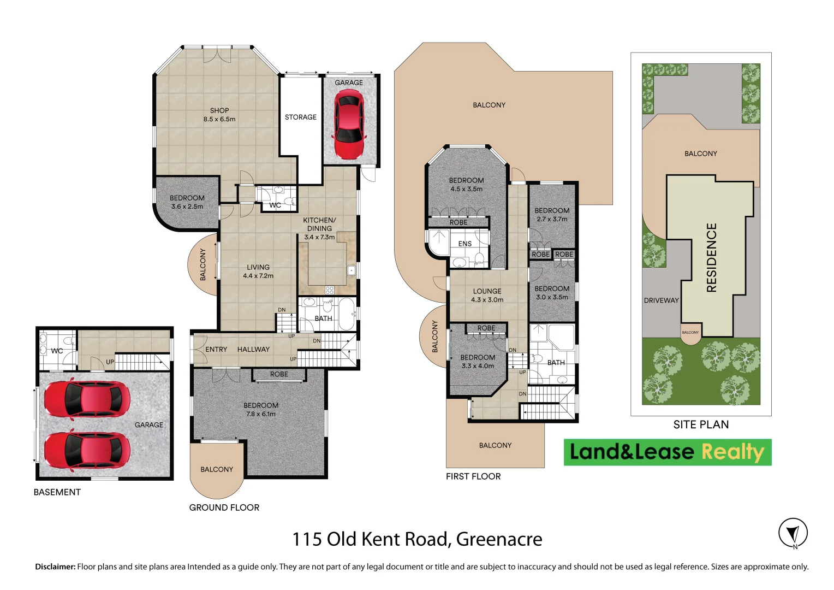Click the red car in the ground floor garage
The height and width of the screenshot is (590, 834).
tap(349, 125)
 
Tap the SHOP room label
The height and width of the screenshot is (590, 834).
tap(219, 110)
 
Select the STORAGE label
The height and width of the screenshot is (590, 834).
tap(300, 117)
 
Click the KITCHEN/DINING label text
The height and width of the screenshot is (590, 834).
tap(319, 224)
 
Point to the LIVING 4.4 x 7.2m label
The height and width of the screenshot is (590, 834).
tap(258, 272)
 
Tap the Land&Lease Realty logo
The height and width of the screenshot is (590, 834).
tap(667, 452)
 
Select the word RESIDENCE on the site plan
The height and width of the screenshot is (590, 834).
tap(711, 257)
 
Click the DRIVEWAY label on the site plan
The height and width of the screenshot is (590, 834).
tap(661, 300)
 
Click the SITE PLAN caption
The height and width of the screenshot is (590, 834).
tap(701, 424)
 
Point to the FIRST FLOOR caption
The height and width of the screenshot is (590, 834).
tap(473, 476)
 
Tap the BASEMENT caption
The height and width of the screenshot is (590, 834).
tap(57, 492)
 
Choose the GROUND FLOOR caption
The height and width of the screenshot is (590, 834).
tap(224, 508)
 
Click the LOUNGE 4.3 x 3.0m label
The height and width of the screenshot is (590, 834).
tap(487, 296)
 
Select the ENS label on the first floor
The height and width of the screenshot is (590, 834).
tap(465, 244)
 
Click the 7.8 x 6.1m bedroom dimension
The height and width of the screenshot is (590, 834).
tap(261, 414)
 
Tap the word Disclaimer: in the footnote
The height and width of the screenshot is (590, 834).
tap(55, 567)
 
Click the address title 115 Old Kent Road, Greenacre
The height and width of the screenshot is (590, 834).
tap(417, 539)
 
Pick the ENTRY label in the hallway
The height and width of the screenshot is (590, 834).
tap(216, 349)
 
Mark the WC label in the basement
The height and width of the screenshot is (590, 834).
tap(57, 351)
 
